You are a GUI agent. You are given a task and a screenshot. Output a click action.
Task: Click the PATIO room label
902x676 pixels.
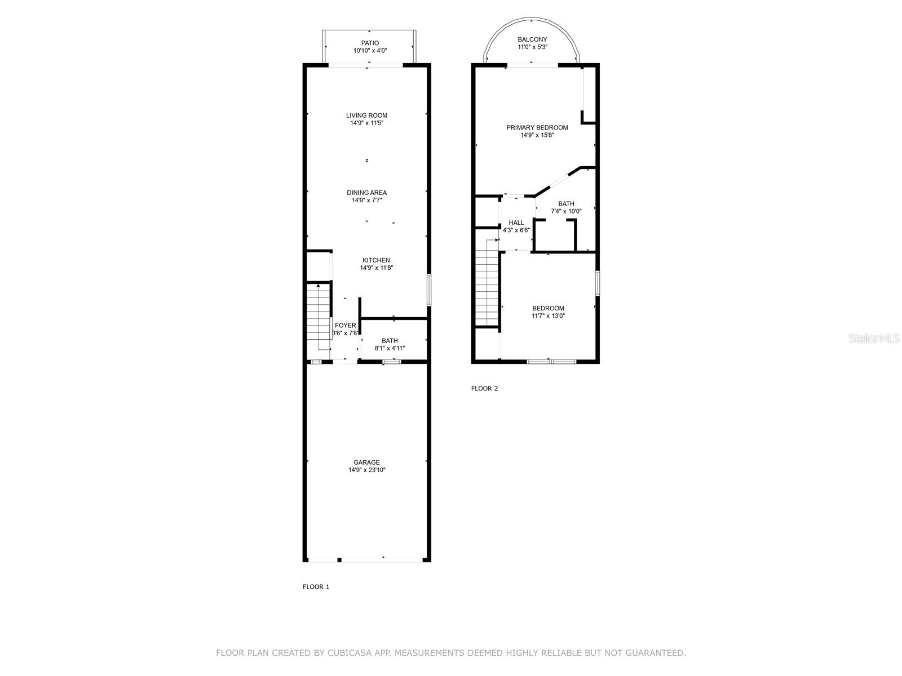[x=370, y=43]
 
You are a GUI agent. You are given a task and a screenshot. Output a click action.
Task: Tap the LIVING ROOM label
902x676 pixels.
[x=366, y=115]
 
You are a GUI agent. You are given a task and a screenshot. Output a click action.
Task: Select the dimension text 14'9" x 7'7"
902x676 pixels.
[x=366, y=200]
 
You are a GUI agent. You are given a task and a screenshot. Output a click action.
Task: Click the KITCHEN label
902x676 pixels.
[x=376, y=260]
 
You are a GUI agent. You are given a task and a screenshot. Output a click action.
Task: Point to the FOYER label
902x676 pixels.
[x=345, y=326]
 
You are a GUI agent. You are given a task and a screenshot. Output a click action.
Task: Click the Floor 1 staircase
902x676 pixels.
[x=318, y=318]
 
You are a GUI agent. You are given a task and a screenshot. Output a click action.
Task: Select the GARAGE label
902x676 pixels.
[x=366, y=462]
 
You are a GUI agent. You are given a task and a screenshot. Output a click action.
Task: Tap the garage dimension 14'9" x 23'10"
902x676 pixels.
[x=366, y=470]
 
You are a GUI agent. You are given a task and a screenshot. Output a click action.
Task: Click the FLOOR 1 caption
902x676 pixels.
[x=316, y=586]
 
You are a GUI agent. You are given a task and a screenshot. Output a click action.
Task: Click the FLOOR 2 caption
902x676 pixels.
[x=484, y=388]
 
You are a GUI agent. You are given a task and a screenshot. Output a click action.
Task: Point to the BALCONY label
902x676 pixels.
[x=532, y=39]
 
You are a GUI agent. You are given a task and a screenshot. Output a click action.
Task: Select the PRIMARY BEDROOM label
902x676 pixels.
[x=537, y=128]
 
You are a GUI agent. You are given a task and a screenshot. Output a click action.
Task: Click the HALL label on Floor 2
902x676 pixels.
[x=516, y=223]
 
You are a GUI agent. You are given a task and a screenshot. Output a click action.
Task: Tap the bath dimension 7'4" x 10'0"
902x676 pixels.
[x=566, y=211]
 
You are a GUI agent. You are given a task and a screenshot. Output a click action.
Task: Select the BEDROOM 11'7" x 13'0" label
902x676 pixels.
[x=548, y=308]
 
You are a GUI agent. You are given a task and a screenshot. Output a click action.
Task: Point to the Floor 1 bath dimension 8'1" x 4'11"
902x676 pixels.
[x=390, y=348]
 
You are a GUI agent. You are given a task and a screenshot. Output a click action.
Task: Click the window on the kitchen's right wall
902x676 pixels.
[x=428, y=290]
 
